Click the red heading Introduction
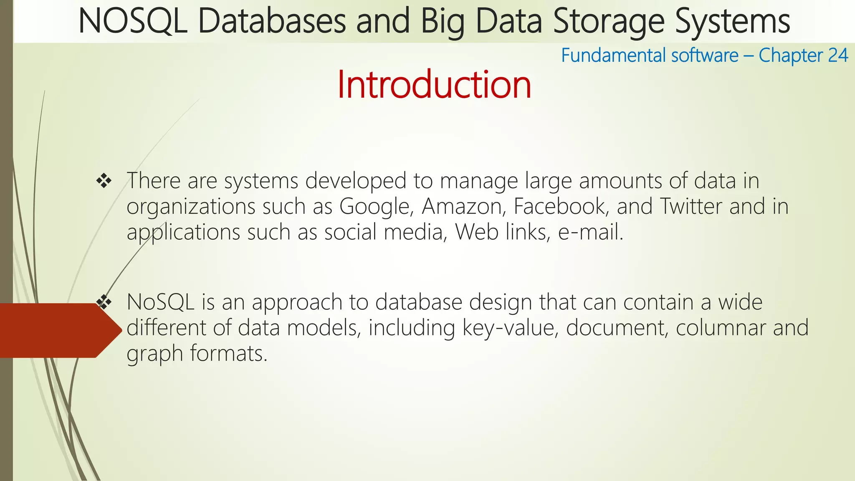click(x=434, y=85)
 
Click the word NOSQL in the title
click(x=132, y=22)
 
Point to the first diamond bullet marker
click(x=104, y=181)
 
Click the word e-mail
click(x=590, y=232)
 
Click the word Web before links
click(x=476, y=232)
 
